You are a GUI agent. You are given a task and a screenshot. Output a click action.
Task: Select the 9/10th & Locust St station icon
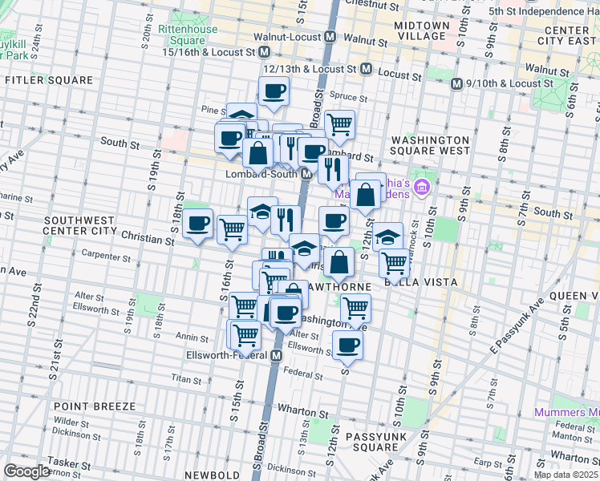coord(456,83)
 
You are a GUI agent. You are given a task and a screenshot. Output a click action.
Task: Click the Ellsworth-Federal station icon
coord(277,355)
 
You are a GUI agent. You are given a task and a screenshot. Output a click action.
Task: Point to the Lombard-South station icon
coord(306,174)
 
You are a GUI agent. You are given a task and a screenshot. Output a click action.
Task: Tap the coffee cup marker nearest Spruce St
coord(274,91)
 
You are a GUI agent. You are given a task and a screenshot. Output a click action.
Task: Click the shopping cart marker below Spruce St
coord(340,123)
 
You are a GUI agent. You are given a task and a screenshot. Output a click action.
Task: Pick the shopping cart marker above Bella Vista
coord(394,261)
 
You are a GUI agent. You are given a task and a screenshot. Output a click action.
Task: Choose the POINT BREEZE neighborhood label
coord(95,406)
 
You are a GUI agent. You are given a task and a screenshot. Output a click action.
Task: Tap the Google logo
coord(26,471)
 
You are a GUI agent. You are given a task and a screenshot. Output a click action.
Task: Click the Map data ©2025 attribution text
coord(566,475)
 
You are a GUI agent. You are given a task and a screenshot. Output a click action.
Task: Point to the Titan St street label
coord(186,378)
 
